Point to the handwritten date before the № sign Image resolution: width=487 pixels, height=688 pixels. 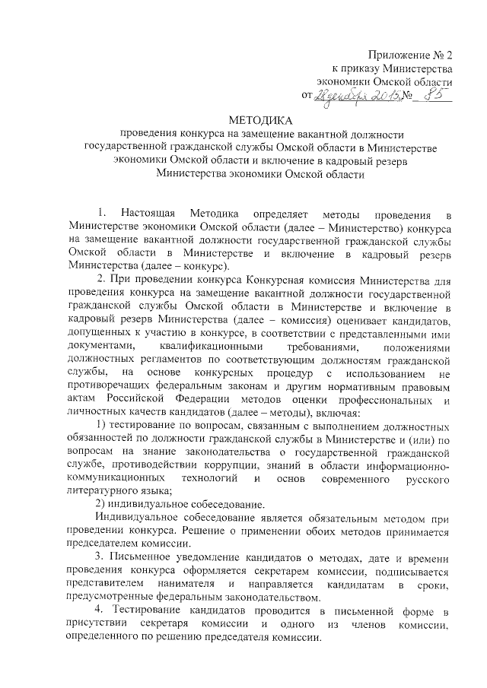[x=355, y=97]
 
